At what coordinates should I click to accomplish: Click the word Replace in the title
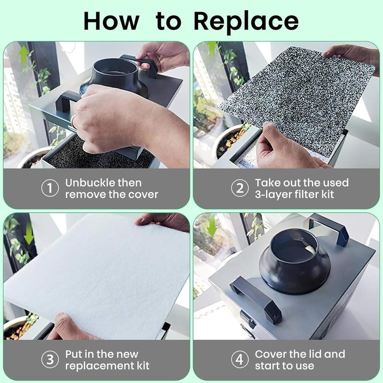click(246, 22)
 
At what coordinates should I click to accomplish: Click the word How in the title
click(111, 21)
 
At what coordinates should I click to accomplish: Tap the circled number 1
click(50, 188)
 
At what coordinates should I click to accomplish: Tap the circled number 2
click(240, 188)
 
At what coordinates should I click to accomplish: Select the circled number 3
click(50, 359)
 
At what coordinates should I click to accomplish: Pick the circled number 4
click(240, 359)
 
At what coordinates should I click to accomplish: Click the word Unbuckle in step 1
click(90, 183)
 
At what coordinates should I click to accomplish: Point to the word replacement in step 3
click(96, 366)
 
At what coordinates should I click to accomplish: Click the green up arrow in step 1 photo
click(24, 56)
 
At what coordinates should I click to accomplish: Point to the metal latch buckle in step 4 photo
click(247, 319)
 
